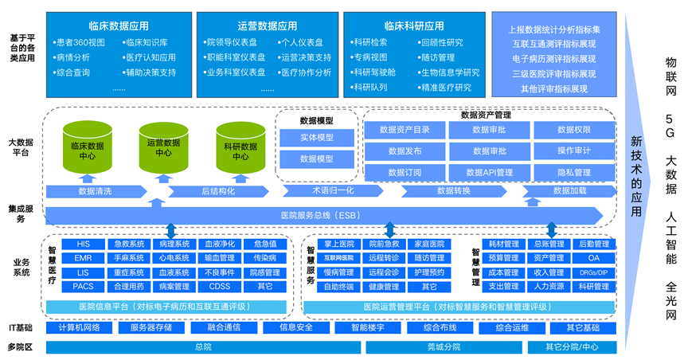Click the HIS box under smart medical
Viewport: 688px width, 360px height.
pyautogui.click(x=84, y=244)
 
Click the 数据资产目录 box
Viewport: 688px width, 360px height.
pyautogui.click(x=405, y=129)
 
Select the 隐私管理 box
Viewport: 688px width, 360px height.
pyautogui.click(x=573, y=172)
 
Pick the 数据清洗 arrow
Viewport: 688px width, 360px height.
pyautogui.click(x=95, y=191)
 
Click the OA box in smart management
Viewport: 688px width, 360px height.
pyautogui.click(x=594, y=258)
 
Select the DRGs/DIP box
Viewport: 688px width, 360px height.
pyautogui.click(x=594, y=272)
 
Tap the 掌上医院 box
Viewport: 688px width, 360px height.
pyautogui.click(x=340, y=244)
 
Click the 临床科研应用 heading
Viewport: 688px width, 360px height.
pyautogui.click(x=414, y=25)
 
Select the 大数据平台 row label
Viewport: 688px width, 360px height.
pyautogui.click(x=21, y=147)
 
